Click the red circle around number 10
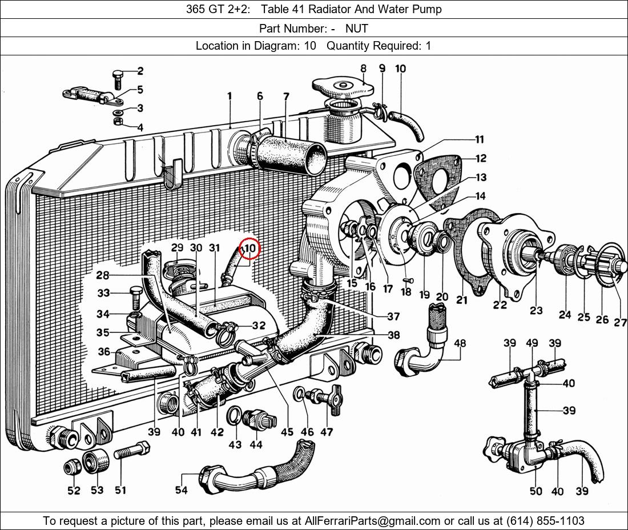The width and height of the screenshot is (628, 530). (249, 249)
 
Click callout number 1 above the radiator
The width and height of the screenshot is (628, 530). (230, 97)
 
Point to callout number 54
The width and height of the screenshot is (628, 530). (182, 490)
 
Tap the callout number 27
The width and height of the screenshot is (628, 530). (621, 323)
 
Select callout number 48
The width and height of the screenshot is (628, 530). (460, 343)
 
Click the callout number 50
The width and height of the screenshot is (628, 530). (536, 491)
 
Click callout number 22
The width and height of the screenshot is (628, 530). (500, 305)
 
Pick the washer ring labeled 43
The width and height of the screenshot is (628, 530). (234, 417)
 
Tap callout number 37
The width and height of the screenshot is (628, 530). (393, 316)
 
